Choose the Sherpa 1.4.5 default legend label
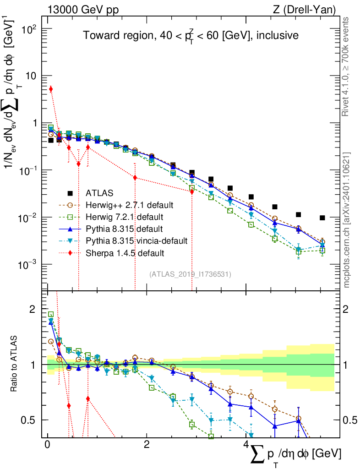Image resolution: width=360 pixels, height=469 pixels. click(x=125, y=252)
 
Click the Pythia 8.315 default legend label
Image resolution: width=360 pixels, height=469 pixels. click(x=124, y=229)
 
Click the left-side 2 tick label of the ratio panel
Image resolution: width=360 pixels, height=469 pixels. click(x=32, y=309)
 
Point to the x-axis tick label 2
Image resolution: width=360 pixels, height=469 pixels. click(x=146, y=445)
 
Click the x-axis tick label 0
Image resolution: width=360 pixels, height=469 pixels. click(x=47, y=445)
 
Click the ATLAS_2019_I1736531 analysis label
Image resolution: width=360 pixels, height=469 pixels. click(x=190, y=274)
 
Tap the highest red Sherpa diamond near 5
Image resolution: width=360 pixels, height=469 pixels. click(x=51, y=89)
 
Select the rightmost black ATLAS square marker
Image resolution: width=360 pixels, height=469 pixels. click(x=322, y=218)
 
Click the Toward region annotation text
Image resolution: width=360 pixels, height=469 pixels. click(x=191, y=36)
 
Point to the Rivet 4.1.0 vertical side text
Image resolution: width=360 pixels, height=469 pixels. click(x=346, y=66)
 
